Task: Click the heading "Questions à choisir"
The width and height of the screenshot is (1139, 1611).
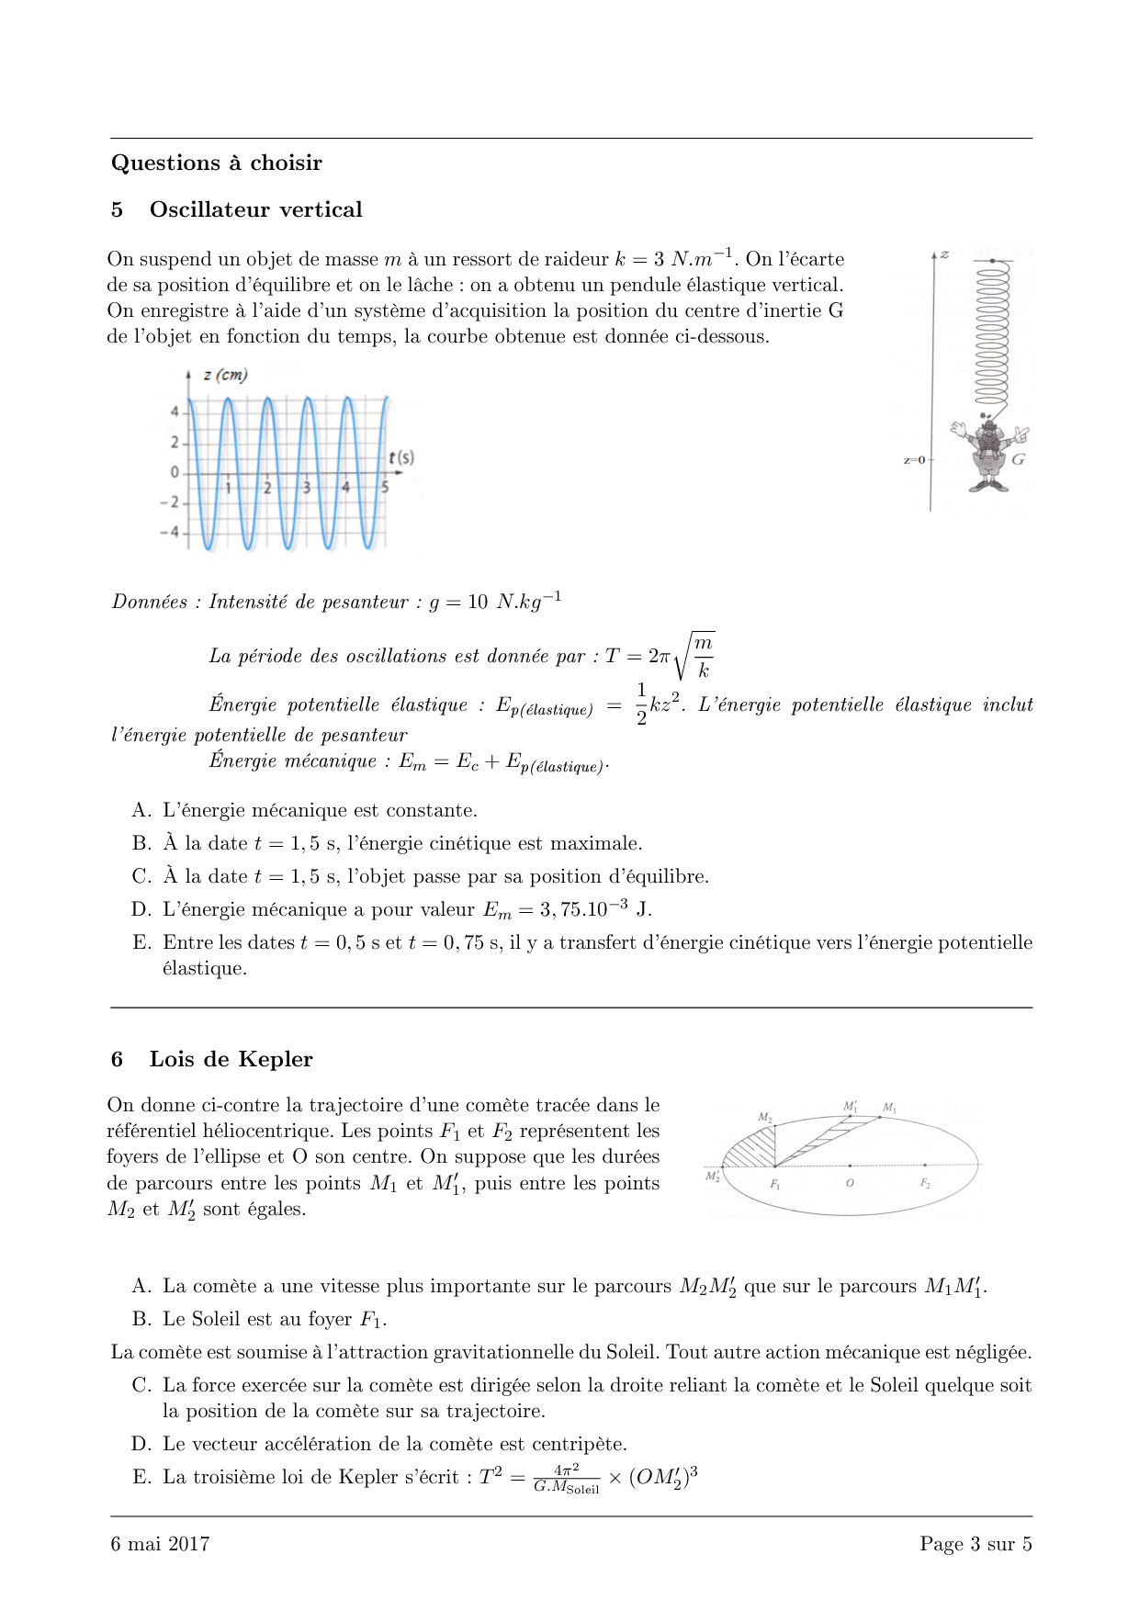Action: tap(217, 163)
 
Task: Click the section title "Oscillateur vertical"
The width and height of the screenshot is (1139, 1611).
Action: tap(255, 209)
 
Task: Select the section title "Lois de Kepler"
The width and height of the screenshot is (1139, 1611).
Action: tap(231, 1059)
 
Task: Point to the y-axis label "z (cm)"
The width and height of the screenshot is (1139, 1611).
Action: tap(225, 375)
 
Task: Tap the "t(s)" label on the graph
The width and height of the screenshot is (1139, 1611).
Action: tap(401, 456)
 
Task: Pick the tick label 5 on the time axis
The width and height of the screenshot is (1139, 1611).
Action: tap(385, 488)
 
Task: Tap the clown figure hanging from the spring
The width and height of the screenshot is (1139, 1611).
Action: tap(989, 455)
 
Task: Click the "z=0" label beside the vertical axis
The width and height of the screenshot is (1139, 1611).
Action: tap(914, 460)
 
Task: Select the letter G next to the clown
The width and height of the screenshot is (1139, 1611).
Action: tap(1018, 459)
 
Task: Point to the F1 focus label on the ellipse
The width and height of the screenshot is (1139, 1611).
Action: tap(774, 1185)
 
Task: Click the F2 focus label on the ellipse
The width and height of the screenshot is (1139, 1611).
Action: tap(925, 1183)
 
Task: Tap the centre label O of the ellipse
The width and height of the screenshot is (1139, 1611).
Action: tap(850, 1183)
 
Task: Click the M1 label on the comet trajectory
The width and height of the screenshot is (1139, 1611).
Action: tap(889, 1108)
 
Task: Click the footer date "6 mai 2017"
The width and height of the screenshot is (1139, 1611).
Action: tap(160, 1544)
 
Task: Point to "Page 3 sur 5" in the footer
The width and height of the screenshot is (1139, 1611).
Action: tap(975, 1544)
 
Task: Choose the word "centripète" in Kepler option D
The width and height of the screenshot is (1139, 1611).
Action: tap(579, 1444)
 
